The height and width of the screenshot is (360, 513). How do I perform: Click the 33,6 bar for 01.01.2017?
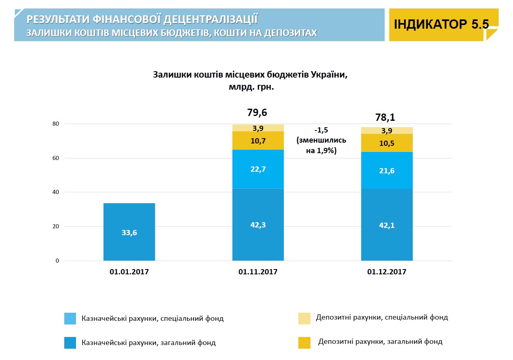click(129, 232)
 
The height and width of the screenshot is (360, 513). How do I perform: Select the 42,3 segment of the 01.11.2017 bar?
click(258, 225)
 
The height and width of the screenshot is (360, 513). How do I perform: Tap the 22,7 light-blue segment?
click(258, 169)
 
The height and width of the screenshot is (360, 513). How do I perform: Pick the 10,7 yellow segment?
click(258, 141)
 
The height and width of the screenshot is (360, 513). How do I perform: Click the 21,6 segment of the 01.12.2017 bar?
click(386, 170)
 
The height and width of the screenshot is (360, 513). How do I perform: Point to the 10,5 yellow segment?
click(386, 143)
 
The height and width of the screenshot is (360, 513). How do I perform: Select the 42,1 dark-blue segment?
click(386, 225)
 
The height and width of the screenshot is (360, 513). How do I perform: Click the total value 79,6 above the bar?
click(257, 112)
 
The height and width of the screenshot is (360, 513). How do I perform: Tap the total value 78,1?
click(385, 118)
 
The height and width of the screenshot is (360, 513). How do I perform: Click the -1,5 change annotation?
click(321, 131)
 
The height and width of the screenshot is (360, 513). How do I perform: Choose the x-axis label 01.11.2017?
click(258, 272)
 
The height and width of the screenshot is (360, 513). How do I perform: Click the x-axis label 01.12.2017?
click(386, 272)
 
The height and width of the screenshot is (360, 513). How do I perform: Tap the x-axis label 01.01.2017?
click(129, 272)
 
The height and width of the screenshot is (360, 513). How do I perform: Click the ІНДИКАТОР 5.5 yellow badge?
click(441, 24)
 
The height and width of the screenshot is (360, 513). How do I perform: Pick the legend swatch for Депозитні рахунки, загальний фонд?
click(304, 342)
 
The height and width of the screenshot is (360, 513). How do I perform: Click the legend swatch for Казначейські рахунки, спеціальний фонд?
click(70, 318)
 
